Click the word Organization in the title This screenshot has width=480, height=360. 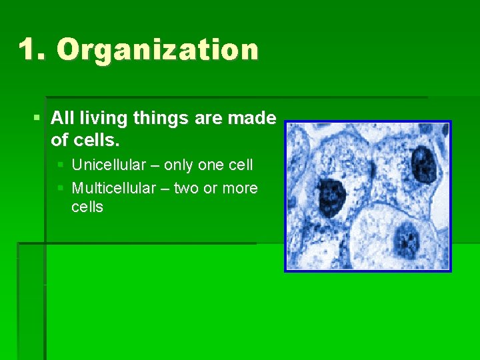tap(157, 50)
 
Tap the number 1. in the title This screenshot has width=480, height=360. tap(33, 50)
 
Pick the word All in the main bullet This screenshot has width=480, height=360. tap(62, 119)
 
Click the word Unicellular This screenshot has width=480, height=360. tap(109, 165)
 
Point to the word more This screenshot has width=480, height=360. tap(240, 189)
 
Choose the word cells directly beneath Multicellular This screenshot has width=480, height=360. tap(87, 207)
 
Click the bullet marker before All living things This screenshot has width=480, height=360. tap(37, 119)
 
